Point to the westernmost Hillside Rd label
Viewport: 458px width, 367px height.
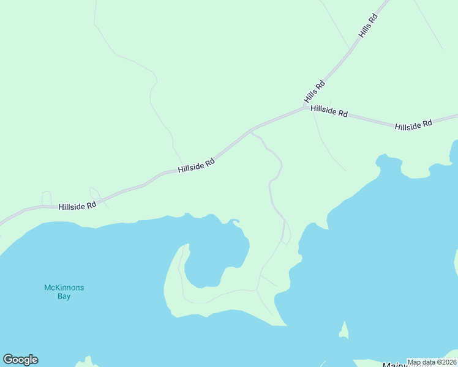click(x=78, y=206)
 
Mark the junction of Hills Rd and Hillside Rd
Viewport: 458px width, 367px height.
click(x=305, y=107)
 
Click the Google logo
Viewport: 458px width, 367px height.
click(x=20, y=359)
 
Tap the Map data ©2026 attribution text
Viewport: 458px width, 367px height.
click(x=431, y=362)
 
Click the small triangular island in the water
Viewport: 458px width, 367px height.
click(x=344, y=331)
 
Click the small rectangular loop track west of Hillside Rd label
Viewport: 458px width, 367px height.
click(x=47, y=198)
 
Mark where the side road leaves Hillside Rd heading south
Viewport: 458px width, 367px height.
click(x=251, y=131)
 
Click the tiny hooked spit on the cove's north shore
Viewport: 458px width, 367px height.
click(x=234, y=221)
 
